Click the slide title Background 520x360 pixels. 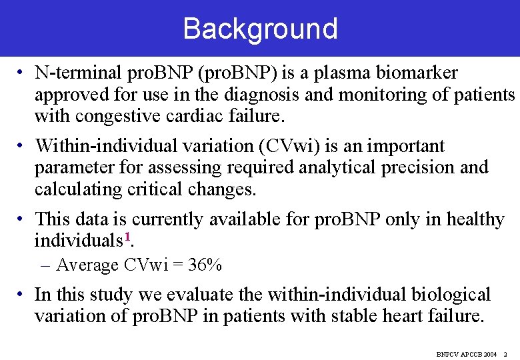[260, 29]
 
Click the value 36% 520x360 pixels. [205, 265]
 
